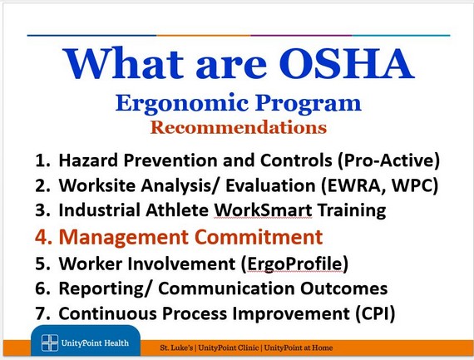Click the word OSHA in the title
[x=347, y=64]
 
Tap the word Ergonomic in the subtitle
[x=182, y=103]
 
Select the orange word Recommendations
[x=239, y=127]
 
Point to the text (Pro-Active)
[x=389, y=160]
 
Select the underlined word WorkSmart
[x=263, y=210]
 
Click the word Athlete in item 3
[x=177, y=210]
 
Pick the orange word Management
[x=124, y=237]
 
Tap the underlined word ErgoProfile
[x=294, y=264]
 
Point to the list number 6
[x=42, y=288]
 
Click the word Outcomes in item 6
[x=343, y=288]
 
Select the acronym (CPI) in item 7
[x=375, y=313]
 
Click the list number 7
[x=42, y=313]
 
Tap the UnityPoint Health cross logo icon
[x=50, y=343]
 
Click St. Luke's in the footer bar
[x=176, y=348]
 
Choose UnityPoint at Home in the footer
[x=299, y=348]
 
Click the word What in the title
[x=123, y=64]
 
